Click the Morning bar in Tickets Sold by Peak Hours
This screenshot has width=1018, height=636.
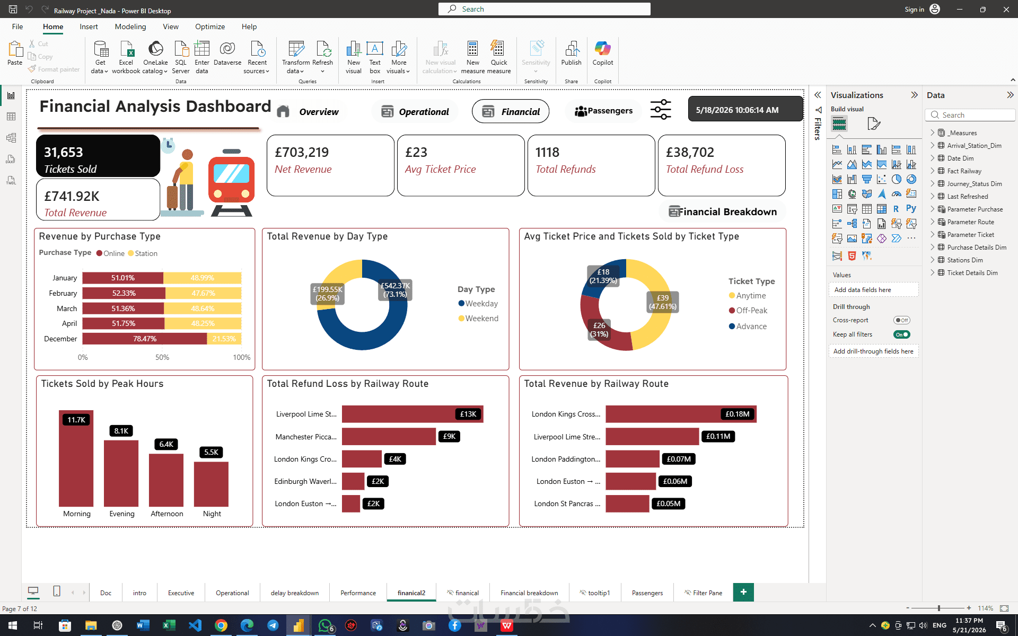pyautogui.click(x=76, y=458)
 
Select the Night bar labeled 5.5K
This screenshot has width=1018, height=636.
pyautogui.click(x=211, y=484)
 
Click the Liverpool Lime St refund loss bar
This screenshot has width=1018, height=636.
pyautogui.click(x=413, y=414)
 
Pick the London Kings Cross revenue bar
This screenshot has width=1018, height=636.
pyautogui.click(x=681, y=414)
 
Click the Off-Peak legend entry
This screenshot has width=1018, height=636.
pyautogui.click(x=748, y=311)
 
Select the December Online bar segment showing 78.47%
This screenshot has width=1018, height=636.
pyautogui.click(x=145, y=339)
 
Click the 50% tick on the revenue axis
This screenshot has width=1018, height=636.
pyautogui.click(x=162, y=357)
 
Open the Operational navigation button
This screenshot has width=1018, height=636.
pyautogui.click(x=415, y=111)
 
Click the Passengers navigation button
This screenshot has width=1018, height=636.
pyautogui.click(x=603, y=111)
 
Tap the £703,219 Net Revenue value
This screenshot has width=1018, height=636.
pyautogui.click(x=302, y=152)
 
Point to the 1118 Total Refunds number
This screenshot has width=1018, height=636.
pyautogui.click(x=547, y=152)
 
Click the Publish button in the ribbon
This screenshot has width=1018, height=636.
pyautogui.click(x=571, y=54)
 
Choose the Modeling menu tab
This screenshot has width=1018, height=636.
pyautogui.click(x=130, y=26)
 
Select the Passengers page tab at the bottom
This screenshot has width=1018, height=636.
pyautogui.click(x=647, y=593)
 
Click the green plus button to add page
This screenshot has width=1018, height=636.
pyautogui.click(x=743, y=592)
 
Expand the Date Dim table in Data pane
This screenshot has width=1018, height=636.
pyautogui.click(x=933, y=158)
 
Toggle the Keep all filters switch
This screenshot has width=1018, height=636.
pyautogui.click(x=901, y=334)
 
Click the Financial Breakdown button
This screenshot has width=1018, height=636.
pyautogui.click(x=723, y=211)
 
